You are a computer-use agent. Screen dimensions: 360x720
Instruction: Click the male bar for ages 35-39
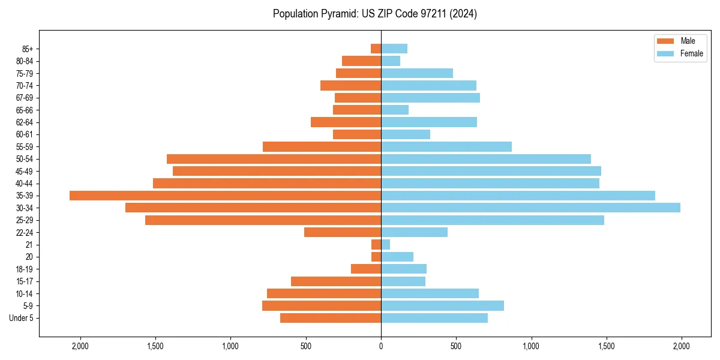225,196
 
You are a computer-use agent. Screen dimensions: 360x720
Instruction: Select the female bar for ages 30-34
530,208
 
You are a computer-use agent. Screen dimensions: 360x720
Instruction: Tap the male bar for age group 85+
376,49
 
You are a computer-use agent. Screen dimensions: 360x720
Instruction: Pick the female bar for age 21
386,244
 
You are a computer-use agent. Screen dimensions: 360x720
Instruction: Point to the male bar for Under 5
331,318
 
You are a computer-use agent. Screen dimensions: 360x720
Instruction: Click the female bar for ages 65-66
395,110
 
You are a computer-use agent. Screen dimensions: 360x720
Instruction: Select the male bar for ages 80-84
362,61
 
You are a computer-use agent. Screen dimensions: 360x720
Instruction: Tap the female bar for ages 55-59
446,146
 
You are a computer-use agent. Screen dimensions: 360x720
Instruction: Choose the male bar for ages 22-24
343,232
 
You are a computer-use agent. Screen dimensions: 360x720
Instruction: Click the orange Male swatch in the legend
665,41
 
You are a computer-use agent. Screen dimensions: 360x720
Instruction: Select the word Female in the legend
692,53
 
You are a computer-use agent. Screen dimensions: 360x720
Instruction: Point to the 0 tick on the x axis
381,346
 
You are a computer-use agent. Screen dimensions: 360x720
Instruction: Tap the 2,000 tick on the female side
681,346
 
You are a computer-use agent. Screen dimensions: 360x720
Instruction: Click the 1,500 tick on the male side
155,346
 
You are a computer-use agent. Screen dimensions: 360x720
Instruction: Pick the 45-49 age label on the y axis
25,171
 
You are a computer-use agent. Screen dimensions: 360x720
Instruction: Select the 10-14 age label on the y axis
25,293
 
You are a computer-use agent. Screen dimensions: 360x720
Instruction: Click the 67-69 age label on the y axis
25,98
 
